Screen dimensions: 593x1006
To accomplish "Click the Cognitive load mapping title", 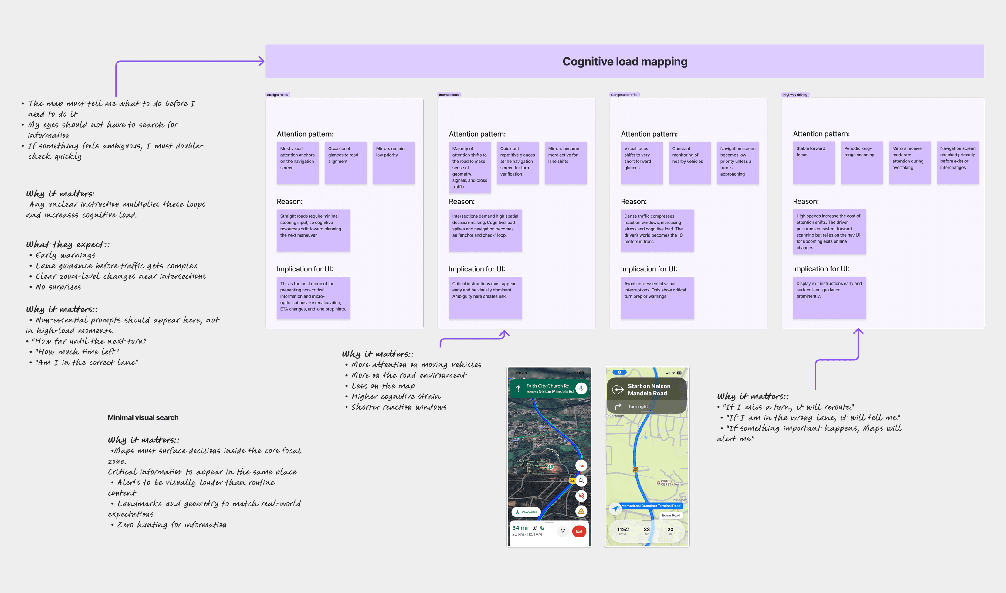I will (x=625, y=62).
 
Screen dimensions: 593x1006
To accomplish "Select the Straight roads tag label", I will (x=278, y=95).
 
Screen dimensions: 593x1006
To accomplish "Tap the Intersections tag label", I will (x=449, y=95).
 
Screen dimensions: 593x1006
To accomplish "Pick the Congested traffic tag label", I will (x=624, y=95).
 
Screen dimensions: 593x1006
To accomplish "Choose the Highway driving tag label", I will (x=795, y=95).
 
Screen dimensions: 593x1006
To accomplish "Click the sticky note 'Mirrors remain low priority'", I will (x=393, y=163).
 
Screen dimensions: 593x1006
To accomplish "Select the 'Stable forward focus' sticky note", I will (x=814, y=163).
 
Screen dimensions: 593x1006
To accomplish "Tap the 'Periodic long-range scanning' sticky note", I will (x=862, y=163).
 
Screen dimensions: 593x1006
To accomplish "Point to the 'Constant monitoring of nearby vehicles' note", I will (x=689, y=163).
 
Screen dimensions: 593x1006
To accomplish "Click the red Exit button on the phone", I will (x=579, y=531).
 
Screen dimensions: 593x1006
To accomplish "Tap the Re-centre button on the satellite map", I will (x=526, y=512).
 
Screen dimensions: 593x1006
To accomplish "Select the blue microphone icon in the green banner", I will (x=581, y=388).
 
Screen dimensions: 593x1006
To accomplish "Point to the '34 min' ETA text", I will (x=521, y=527).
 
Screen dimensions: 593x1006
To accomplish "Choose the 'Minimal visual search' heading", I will (x=143, y=417).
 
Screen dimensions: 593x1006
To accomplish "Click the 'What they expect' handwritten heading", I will (x=67, y=244).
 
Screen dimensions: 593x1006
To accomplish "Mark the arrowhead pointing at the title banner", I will (x=262, y=62).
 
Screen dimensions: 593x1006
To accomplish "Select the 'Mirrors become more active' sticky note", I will (x=565, y=163).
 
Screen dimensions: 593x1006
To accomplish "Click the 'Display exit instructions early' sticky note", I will (x=829, y=297).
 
